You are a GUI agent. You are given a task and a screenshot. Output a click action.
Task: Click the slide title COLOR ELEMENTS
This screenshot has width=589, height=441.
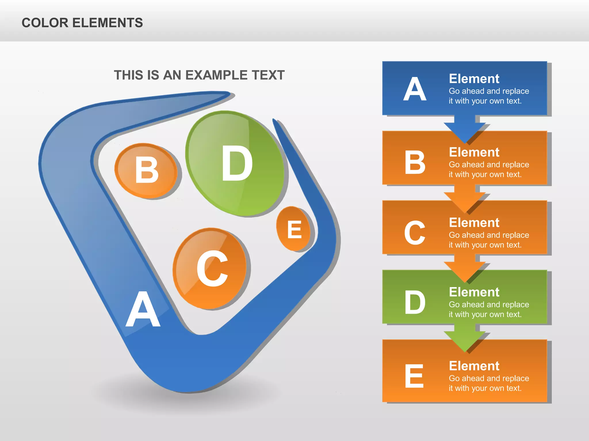click(82, 23)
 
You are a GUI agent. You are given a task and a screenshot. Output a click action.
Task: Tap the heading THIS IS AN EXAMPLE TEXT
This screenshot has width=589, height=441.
click(199, 75)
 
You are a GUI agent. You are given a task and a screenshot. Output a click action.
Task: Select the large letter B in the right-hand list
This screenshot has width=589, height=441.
click(414, 163)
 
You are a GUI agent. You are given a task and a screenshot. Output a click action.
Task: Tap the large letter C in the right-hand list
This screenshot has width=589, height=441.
click(414, 233)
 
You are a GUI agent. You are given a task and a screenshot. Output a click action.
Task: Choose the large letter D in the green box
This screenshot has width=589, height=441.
click(414, 302)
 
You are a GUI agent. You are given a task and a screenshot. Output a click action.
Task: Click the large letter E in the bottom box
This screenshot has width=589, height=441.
click(414, 376)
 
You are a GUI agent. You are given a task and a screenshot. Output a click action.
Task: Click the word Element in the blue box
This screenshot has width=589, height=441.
click(474, 79)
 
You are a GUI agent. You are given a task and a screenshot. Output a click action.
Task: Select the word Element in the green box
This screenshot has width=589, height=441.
click(474, 292)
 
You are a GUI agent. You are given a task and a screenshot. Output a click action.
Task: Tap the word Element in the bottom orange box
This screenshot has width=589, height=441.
click(474, 366)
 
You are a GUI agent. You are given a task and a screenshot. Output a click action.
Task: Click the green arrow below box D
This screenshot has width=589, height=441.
click(464, 339)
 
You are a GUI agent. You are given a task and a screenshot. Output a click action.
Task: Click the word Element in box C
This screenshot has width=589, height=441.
click(474, 223)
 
